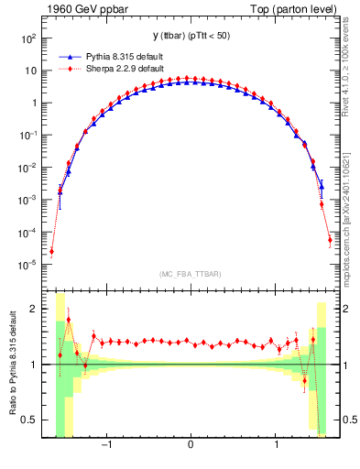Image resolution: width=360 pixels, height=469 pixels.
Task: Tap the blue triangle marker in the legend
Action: pyautogui.click(x=71, y=55)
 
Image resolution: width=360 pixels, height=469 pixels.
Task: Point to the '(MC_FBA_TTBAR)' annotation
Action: pyautogui.click(x=191, y=274)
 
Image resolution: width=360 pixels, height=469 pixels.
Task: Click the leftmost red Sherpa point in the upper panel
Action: pyautogui.click(x=52, y=252)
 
